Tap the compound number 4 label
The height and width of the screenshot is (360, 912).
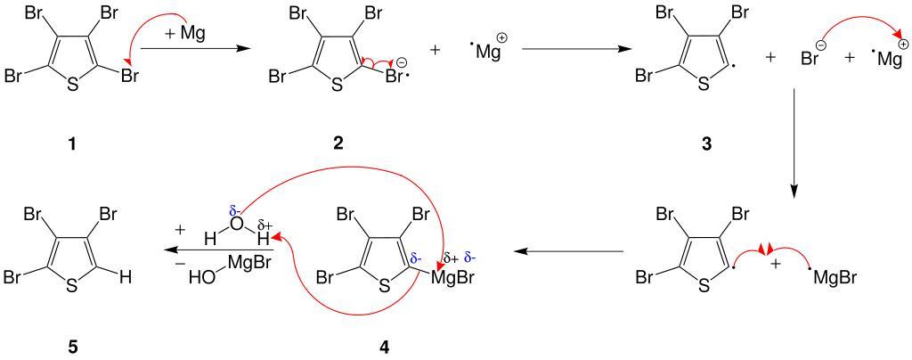click(x=384, y=346)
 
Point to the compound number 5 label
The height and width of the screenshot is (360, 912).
click(x=72, y=346)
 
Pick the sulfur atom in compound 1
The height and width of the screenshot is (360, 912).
click(x=72, y=86)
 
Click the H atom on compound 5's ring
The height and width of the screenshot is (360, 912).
click(x=126, y=277)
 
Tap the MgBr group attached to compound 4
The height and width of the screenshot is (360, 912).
click(x=452, y=277)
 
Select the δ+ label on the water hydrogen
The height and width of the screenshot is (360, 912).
click(x=265, y=225)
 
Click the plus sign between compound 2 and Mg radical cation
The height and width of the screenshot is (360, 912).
click(x=436, y=52)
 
